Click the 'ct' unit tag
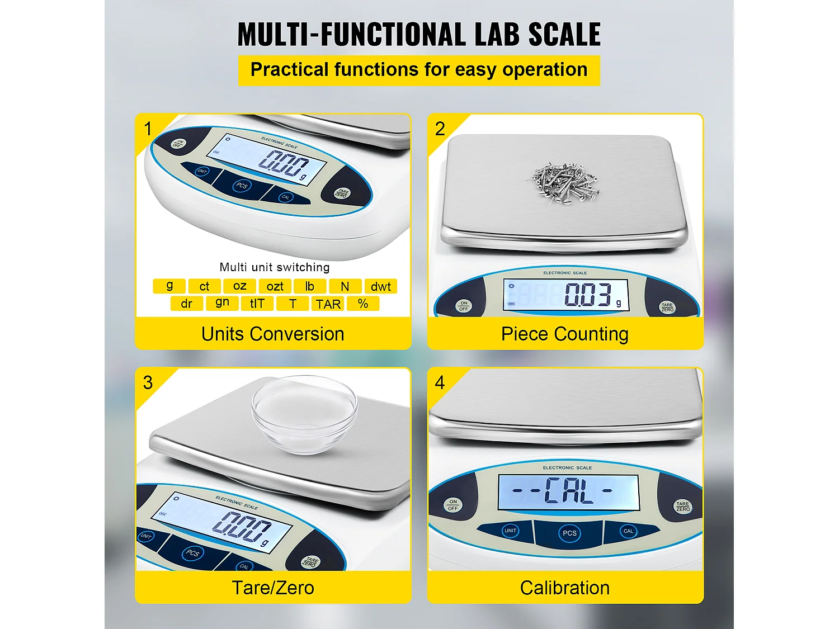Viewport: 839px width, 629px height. [204, 286]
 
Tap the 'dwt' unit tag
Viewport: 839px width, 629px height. [380, 286]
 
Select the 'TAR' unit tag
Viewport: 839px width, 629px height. [328, 304]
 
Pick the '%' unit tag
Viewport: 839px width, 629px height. [363, 304]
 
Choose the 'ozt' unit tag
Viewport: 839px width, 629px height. [275, 286]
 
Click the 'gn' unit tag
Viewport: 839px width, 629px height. [222, 302]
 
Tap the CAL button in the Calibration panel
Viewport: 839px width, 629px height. [628, 531]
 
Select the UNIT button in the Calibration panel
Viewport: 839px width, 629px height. [511, 531]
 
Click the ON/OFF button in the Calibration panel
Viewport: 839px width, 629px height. [453, 505]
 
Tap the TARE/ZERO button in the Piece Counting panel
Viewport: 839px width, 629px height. [667, 307]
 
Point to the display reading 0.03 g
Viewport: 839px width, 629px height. [565, 295]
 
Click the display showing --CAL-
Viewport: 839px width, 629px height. [568, 492]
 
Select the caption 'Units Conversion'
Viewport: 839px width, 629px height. [273, 334]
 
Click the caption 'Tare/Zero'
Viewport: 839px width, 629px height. [273, 588]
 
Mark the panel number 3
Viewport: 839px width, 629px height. [148, 382]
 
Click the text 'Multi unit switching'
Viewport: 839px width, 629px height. [275, 267]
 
